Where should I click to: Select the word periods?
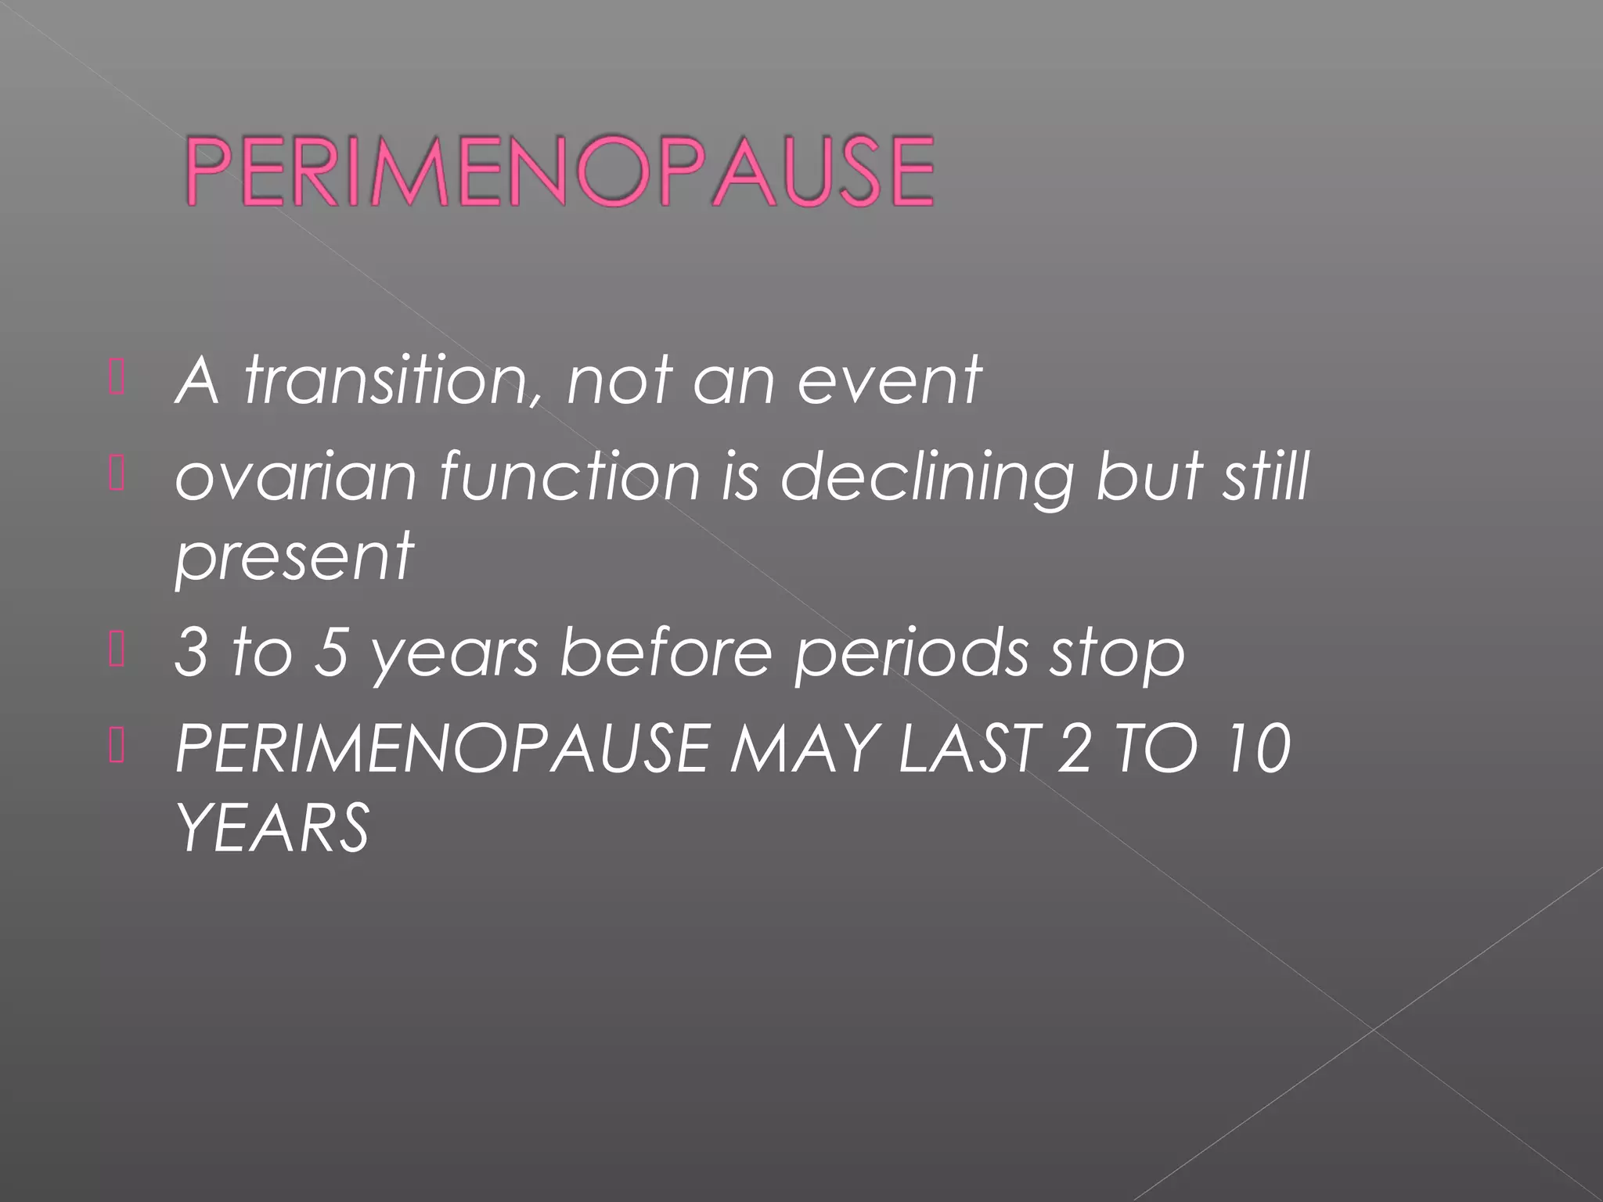(x=911, y=654)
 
